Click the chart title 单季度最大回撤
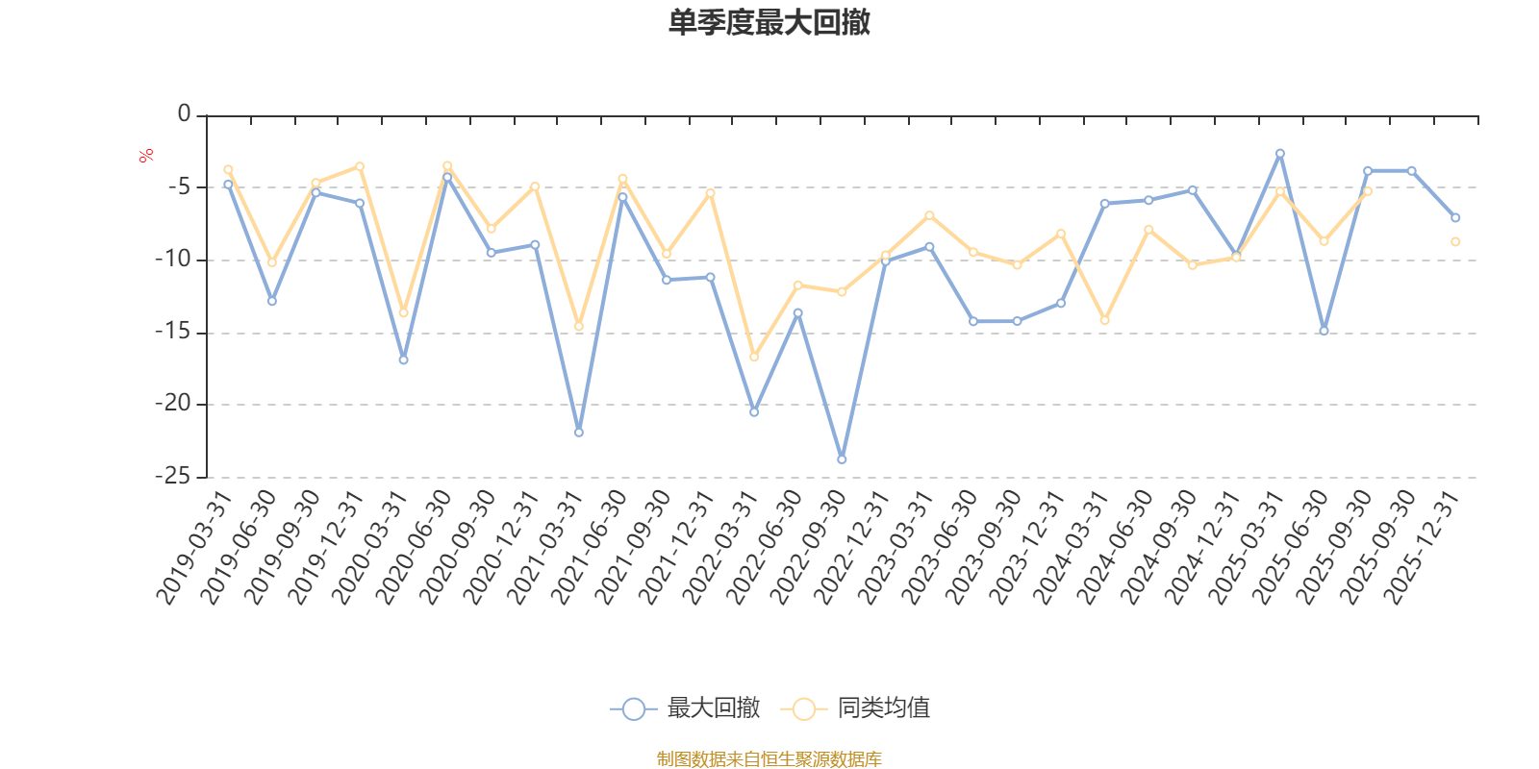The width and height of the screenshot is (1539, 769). pos(769,23)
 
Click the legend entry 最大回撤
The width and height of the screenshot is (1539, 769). pos(685,709)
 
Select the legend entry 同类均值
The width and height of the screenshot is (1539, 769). pos(855,709)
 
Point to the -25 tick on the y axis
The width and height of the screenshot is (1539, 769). pos(172,476)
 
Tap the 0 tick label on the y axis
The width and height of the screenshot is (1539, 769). pos(184,114)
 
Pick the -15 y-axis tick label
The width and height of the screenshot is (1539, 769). pos(172,332)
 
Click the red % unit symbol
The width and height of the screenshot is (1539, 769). pos(146,156)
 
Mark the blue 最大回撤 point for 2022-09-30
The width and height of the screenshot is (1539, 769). pos(842,459)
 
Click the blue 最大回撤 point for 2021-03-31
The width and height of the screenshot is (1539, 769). pos(578,433)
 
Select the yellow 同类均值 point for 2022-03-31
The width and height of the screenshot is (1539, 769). pos(754,358)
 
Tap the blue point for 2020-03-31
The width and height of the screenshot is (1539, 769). pos(403,360)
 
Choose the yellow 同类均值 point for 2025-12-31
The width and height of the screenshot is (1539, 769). pos(1455,241)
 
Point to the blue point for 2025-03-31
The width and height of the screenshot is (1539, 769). pos(1279,153)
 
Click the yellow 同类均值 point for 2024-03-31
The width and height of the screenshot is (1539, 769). pos(1104,320)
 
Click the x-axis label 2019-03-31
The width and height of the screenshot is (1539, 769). pos(194,548)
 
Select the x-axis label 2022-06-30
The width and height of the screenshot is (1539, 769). pos(765,548)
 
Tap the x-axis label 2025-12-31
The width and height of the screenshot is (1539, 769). pos(1423,548)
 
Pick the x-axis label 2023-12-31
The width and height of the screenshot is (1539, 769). pos(1028,548)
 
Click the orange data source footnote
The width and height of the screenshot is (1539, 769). pos(769,759)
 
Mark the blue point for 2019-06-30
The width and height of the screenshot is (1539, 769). pos(271,301)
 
